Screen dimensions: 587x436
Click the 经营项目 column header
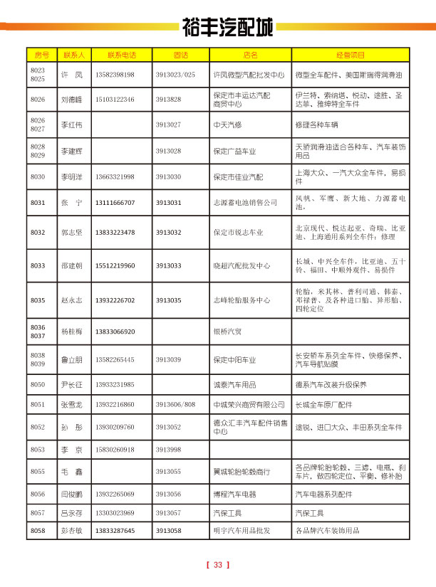point(351,55)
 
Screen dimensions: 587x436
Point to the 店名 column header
point(249,55)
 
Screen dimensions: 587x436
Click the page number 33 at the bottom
point(218,565)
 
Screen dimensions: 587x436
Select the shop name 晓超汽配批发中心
point(242,266)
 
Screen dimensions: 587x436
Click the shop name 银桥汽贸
point(228,332)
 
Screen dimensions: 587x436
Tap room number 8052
point(38,427)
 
